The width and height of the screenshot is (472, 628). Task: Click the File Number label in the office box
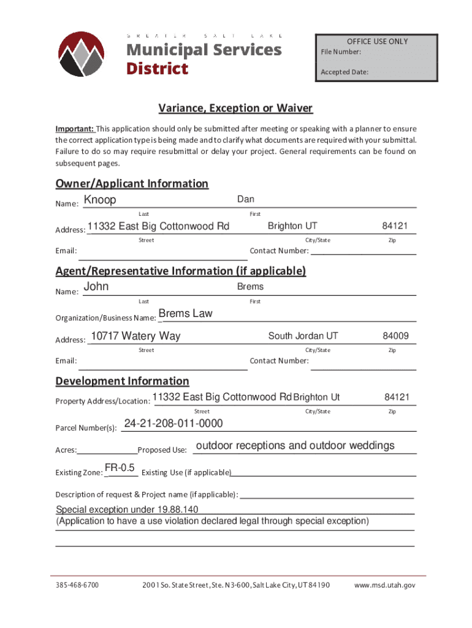pyautogui.click(x=341, y=52)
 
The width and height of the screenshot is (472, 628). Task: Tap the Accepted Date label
pyautogui.click(x=344, y=72)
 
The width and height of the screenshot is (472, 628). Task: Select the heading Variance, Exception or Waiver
pyautogui.click(x=235, y=109)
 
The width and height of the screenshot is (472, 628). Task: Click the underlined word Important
pyautogui.click(x=74, y=129)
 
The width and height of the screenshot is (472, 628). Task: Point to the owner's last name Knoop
pyautogui.click(x=100, y=200)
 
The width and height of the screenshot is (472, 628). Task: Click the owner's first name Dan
pyautogui.click(x=246, y=199)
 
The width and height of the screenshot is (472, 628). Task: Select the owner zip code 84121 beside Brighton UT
pyautogui.click(x=395, y=226)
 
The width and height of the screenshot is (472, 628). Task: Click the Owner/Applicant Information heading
pyautogui.click(x=132, y=183)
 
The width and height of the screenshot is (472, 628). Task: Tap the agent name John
pyautogui.click(x=96, y=286)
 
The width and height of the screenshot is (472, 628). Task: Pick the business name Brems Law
pyautogui.click(x=185, y=313)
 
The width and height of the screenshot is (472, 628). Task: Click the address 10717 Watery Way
pyautogui.click(x=135, y=336)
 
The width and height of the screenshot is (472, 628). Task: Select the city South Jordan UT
pyautogui.click(x=303, y=336)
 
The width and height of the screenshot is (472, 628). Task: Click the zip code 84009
pyautogui.click(x=396, y=336)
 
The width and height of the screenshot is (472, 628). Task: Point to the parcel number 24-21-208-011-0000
pyautogui.click(x=173, y=424)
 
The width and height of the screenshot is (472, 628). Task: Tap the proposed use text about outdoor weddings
pyautogui.click(x=295, y=445)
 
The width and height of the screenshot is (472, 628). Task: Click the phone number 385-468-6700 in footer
pyautogui.click(x=77, y=585)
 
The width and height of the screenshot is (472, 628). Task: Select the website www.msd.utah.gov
pyautogui.click(x=385, y=585)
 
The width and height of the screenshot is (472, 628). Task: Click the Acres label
pyautogui.click(x=66, y=450)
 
